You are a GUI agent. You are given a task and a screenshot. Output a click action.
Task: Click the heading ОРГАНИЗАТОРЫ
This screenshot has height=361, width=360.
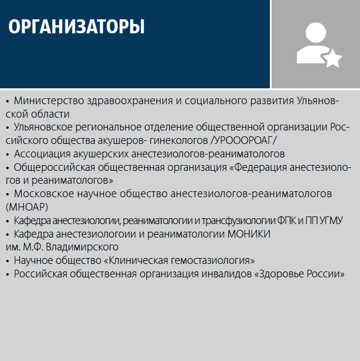click(77, 27)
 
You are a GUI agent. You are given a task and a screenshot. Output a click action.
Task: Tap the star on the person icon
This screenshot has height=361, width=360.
click(332, 59)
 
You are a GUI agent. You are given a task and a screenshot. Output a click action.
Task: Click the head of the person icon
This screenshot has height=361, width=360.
click(316, 32)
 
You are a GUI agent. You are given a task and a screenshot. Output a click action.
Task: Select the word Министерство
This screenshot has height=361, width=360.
click(49, 101)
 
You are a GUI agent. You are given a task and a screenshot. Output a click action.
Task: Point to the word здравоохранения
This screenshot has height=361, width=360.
click(130, 101)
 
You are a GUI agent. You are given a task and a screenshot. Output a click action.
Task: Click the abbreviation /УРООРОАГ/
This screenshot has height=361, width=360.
click(244, 140)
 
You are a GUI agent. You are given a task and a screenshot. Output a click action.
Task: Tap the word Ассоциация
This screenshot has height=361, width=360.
click(42, 154)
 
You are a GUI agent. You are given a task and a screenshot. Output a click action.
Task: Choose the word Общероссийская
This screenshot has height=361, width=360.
click(54, 167)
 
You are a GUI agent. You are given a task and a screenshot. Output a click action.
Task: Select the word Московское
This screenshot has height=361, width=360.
click(44, 194)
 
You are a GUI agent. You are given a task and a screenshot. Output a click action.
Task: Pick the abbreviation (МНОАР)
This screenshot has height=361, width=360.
click(27, 207)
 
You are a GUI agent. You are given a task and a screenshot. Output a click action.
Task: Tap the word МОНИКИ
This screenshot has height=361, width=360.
click(249, 234)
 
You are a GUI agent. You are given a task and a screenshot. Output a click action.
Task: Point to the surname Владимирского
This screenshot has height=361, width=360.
click(82, 247)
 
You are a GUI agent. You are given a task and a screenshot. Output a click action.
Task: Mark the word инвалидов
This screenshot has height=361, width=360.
click(227, 274)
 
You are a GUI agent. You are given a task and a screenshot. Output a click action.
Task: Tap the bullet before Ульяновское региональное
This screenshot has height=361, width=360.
click(8, 128)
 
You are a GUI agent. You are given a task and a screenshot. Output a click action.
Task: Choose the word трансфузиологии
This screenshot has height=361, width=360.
click(238, 221)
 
